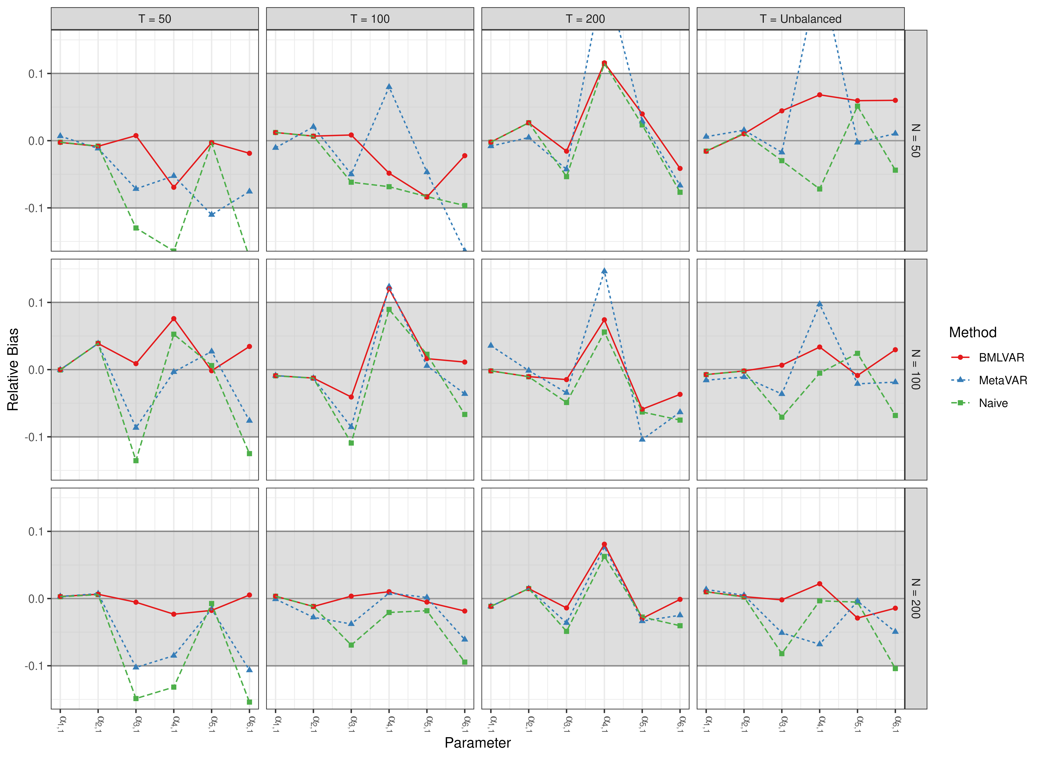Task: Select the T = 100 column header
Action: point(370,19)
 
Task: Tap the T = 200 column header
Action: point(585,19)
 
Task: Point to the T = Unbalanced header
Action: point(800,19)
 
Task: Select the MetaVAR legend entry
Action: point(1003,380)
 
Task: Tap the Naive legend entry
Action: point(993,403)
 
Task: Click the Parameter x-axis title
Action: point(477,743)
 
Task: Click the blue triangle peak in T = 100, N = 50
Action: point(389,86)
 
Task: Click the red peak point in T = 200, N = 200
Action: point(604,544)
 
